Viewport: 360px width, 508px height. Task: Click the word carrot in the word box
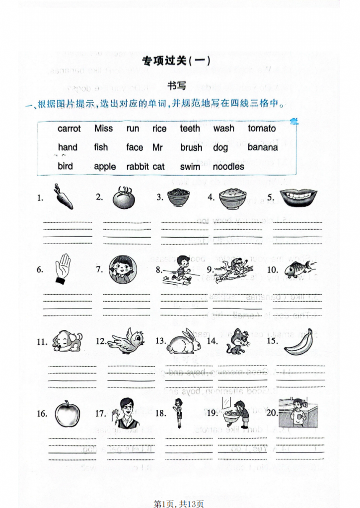(69, 128)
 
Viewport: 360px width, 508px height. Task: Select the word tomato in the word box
(262, 128)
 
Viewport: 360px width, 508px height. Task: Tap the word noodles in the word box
(228, 167)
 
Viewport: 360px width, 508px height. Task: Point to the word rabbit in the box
(138, 167)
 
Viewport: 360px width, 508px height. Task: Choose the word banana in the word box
(263, 147)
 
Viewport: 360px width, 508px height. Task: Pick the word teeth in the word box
(190, 128)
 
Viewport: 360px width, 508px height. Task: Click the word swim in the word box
(190, 167)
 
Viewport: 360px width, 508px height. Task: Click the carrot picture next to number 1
(63, 197)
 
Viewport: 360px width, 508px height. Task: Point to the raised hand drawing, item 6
(63, 269)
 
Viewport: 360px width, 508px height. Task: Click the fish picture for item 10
(298, 269)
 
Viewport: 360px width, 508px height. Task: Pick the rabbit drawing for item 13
(183, 341)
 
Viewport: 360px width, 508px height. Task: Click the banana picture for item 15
(299, 341)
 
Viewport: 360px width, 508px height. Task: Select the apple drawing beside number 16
(67, 413)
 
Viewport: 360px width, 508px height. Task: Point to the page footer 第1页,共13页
(179, 504)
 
